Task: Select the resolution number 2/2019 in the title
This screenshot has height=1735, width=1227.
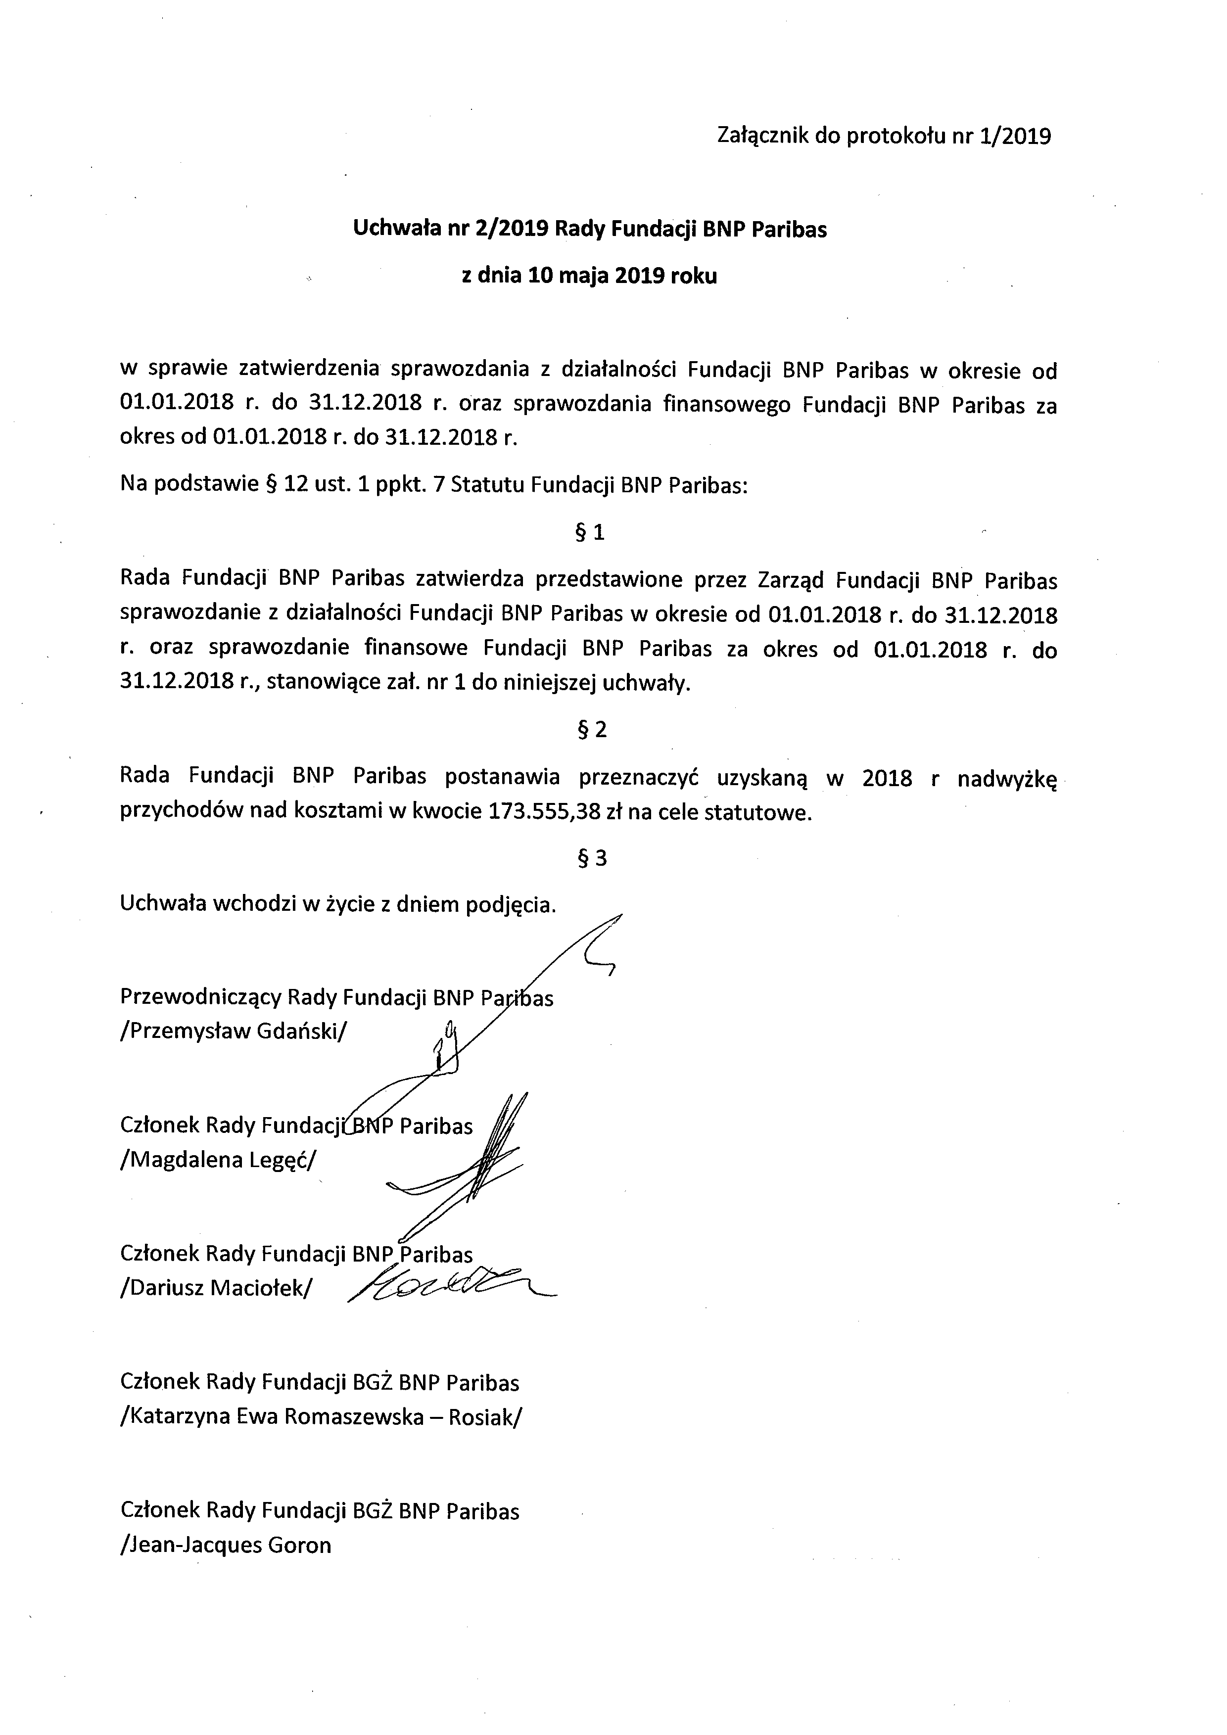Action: click(512, 229)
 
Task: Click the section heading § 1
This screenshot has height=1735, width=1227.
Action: click(590, 533)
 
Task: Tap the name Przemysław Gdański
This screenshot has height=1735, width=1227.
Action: click(233, 1032)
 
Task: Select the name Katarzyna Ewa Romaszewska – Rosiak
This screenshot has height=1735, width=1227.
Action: click(320, 1417)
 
